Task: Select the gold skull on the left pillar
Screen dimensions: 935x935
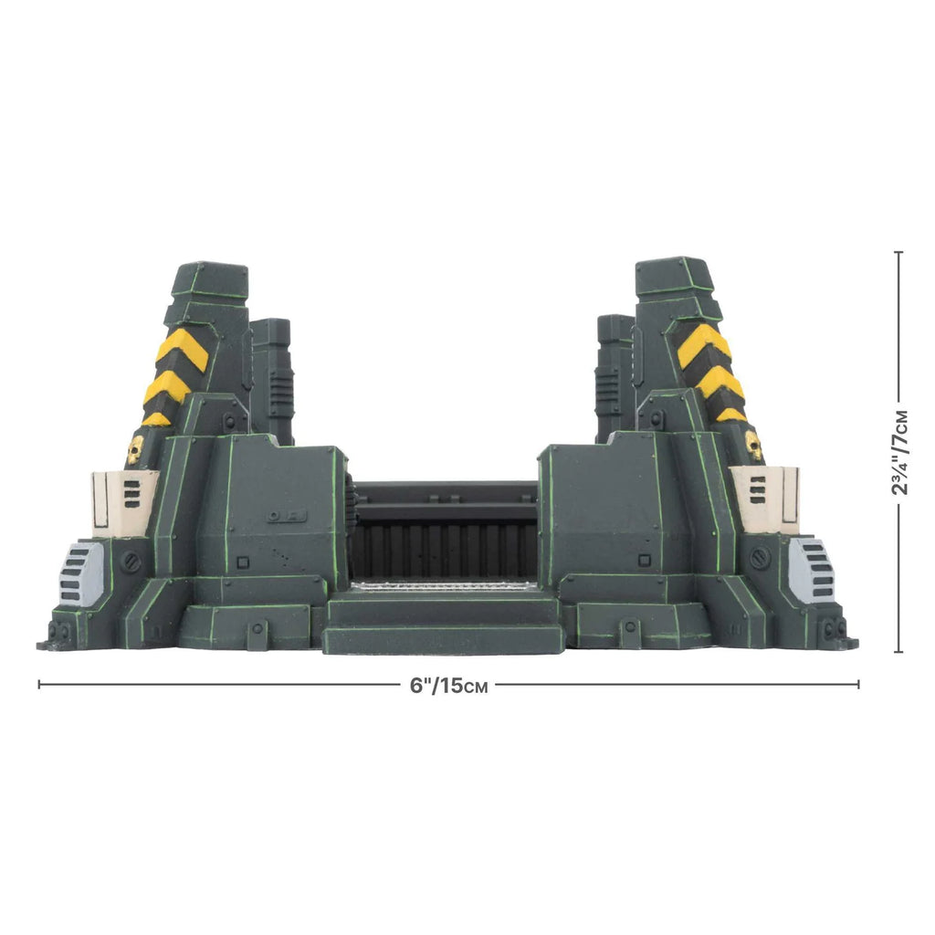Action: coord(135,449)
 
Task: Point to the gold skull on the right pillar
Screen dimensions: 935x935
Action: coord(753,446)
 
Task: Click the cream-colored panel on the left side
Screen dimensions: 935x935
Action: coord(124,502)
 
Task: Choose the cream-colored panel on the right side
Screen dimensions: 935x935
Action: coord(765,499)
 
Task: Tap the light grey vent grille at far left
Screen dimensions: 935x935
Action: coord(82,573)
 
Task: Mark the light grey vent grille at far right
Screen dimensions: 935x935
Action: coord(811,570)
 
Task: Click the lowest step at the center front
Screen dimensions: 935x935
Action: coord(442,639)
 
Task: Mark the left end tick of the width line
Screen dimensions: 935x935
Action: coord(38,684)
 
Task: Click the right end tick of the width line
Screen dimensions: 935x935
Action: coord(858,684)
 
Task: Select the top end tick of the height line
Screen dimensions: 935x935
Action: coord(898,252)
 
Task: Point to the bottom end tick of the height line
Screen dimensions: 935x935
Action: coord(898,652)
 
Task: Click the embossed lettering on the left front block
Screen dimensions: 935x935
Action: coord(278,518)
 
